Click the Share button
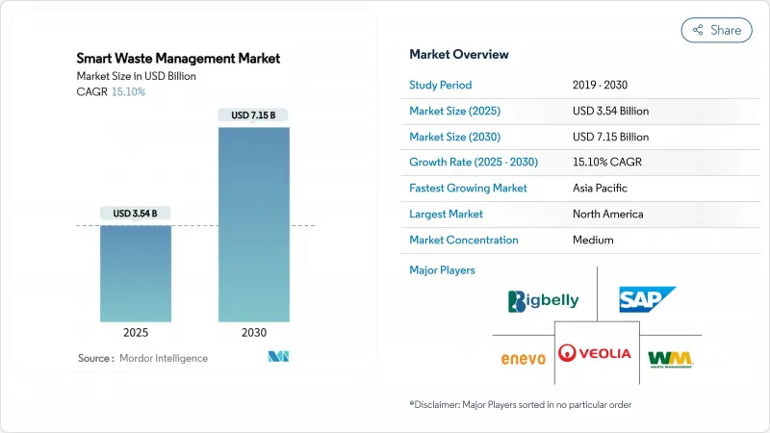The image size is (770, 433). (x=717, y=30)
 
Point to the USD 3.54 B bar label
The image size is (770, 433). (x=136, y=213)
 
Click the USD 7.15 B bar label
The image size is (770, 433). (x=253, y=115)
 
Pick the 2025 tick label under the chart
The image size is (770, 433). (x=136, y=333)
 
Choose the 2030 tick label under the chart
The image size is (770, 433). (x=253, y=333)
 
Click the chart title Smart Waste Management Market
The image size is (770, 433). (x=179, y=58)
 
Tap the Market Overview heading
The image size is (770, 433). (x=459, y=54)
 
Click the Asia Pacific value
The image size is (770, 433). (x=600, y=188)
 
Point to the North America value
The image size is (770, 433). (x=607, y=214)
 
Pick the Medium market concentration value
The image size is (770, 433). (x=593, y=240)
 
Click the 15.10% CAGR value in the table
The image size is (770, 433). (x=610, y=163)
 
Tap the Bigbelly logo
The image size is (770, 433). (x=544, y=300)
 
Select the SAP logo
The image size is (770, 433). (x=647, y=300)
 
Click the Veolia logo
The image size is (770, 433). (x=596, y=353)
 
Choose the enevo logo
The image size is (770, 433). (x=524, y=359)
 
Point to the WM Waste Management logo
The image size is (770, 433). (x=670, y=359)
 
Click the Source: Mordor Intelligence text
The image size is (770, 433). (x=142, y=358)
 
